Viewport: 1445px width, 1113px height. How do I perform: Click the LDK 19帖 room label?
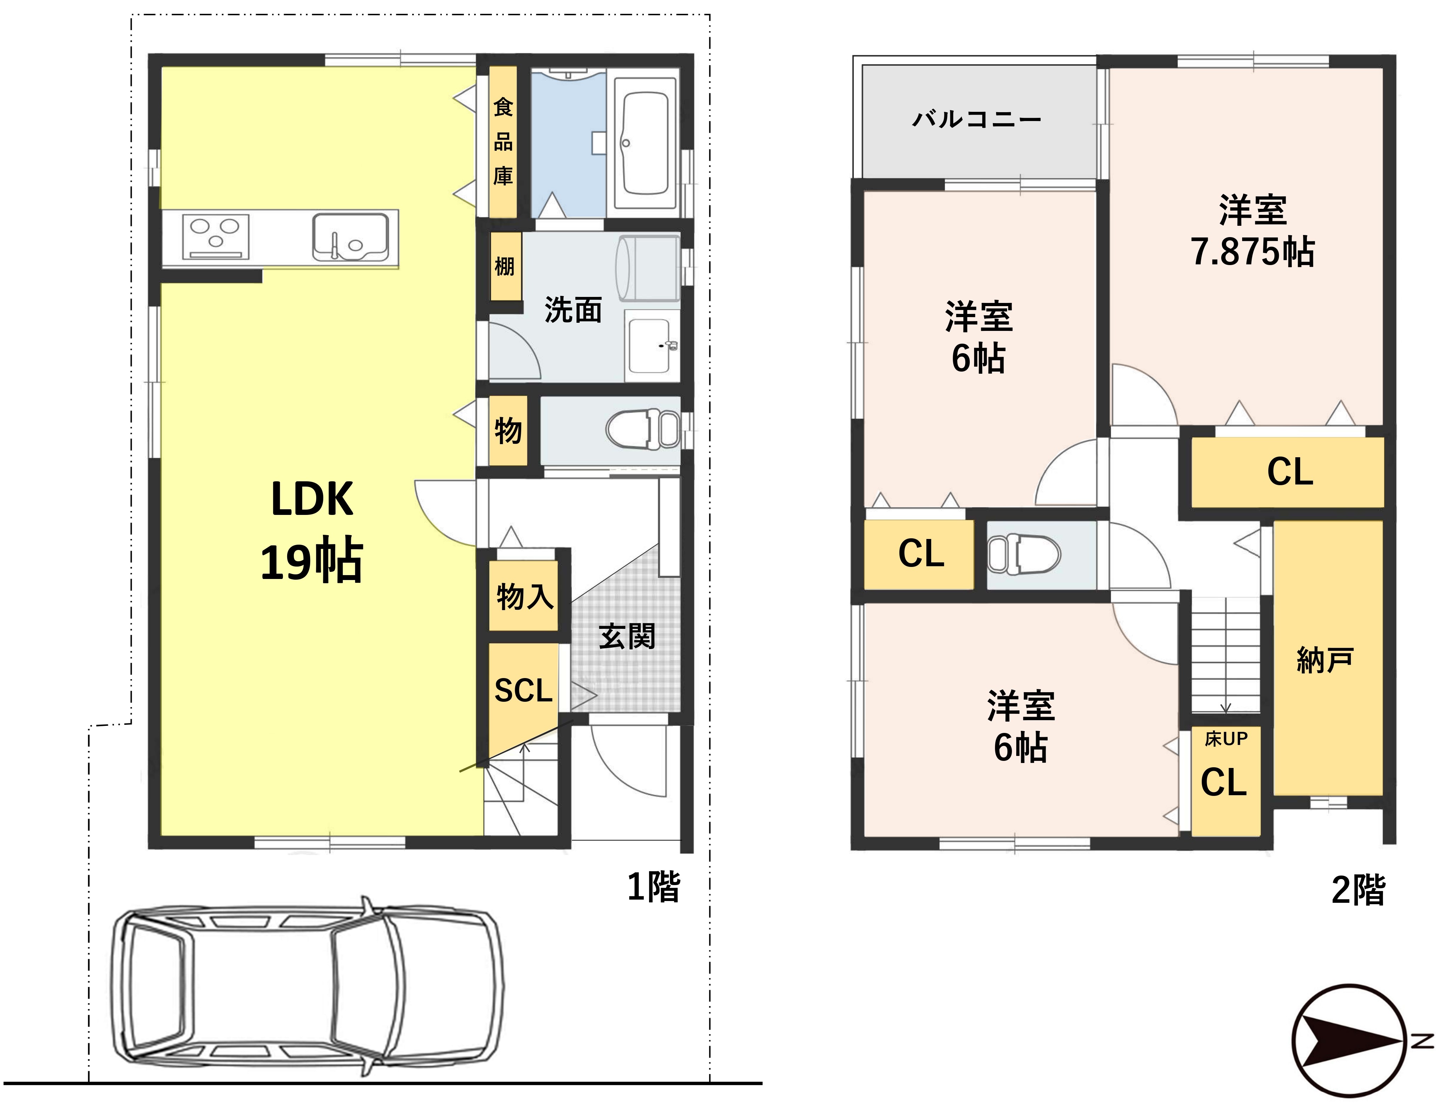click(312, 530)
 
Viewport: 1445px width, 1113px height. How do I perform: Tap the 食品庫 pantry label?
click(503, 142)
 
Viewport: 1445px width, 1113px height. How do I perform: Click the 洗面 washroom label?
click(573, 310)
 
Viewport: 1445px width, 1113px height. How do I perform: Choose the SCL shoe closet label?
click(523, 690)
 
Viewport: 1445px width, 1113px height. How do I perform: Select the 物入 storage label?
click(525, 597)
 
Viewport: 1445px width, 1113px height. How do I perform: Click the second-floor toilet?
click(1024, 553)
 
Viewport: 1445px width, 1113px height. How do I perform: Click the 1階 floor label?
click(654, 887)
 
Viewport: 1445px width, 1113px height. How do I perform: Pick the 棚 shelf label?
click(504, 266)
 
